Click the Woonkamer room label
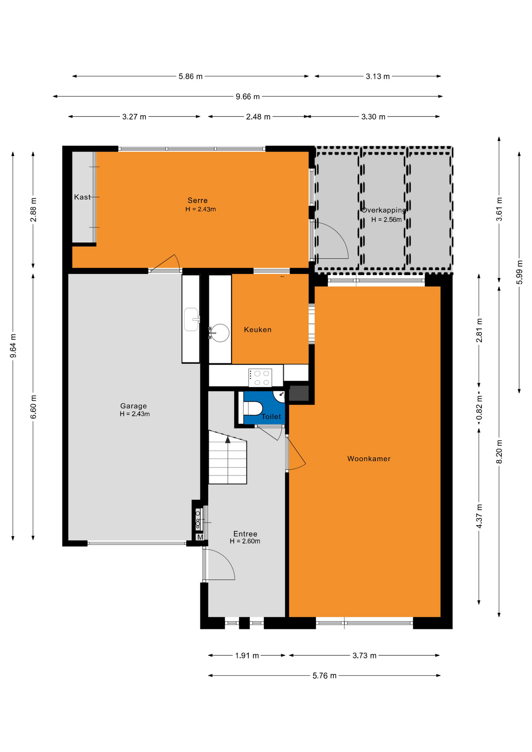tap(369, 459)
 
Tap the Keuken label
tap(257, 330)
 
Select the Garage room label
tap(133, 406)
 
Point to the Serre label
tap(197, 201)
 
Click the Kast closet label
tap(82, 197)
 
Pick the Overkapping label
tap(384, 210)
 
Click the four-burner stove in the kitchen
tap(260, 378)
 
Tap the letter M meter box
tap(200, 537)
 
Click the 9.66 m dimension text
tap(248, 96)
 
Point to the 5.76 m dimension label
tap(324, 676)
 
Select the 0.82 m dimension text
tap(479, 407)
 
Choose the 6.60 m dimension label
tap(33, 407)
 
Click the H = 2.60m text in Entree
tap(245, 541)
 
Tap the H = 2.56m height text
tap(387, 220)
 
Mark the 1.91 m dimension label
tap(247, 656)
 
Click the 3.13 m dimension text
tap(378, 76)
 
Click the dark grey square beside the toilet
tap(299, 393)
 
